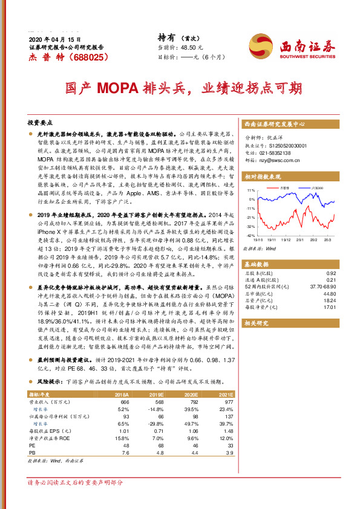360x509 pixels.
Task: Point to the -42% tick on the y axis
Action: [249, 235]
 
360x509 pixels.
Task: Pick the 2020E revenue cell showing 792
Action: [193, 402]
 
